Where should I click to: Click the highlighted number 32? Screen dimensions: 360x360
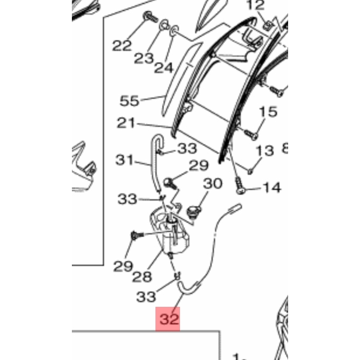coord(168,320)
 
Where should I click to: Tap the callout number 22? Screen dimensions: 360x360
coord(122,46)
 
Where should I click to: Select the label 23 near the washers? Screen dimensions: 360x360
coord(144,58)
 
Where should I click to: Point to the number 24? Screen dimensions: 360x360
coord(164,67)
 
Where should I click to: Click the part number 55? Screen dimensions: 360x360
coord(129,101)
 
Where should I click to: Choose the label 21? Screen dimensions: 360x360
coord(126,123)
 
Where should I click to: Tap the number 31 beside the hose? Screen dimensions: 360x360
coord(124,160)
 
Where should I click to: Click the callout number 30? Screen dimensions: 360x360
coord(213,184)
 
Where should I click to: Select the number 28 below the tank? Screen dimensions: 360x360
coord(142,276)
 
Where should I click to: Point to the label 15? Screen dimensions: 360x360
coord(268,112)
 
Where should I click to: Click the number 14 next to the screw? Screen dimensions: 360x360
coord(272,188)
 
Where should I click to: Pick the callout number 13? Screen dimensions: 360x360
coord(264,151)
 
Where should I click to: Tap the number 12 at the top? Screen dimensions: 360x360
coord(255,6)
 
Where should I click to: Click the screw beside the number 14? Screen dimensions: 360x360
coord(241,188)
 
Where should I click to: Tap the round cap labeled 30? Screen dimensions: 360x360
coord(196,209)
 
